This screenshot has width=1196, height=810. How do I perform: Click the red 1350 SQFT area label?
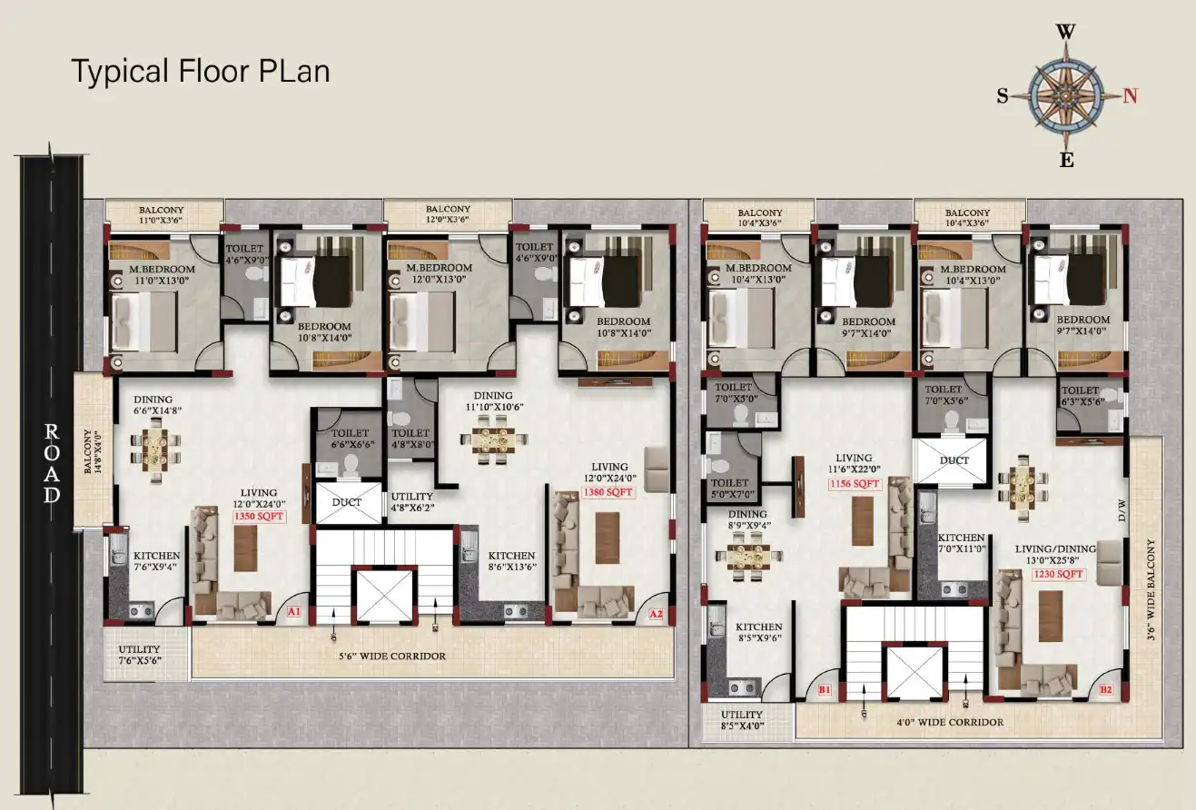click(x=259, y=516)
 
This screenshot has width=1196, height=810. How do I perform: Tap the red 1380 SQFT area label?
click(x=608, y=493)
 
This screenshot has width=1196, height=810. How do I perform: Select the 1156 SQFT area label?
click(x=855, y=485)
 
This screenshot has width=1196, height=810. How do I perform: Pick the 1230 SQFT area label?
click(x=1058, y=574)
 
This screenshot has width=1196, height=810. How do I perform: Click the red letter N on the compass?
click(x=1131, y=95)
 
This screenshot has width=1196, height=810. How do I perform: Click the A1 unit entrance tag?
click(x=294, y=613)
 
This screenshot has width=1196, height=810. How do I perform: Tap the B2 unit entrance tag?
click(x=1106, y=690)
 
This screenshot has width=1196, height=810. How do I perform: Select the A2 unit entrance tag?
click(x=656, y=615)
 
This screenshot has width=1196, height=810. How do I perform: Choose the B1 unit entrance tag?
click(x=825, y=690)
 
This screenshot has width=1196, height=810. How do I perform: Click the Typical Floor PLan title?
click(x=201, y=71)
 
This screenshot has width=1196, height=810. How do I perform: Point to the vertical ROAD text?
click(x=52, y=462)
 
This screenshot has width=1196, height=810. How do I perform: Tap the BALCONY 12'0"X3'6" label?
click(x=448, y=214)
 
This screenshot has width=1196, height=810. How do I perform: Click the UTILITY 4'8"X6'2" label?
click(x=412, y=502)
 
